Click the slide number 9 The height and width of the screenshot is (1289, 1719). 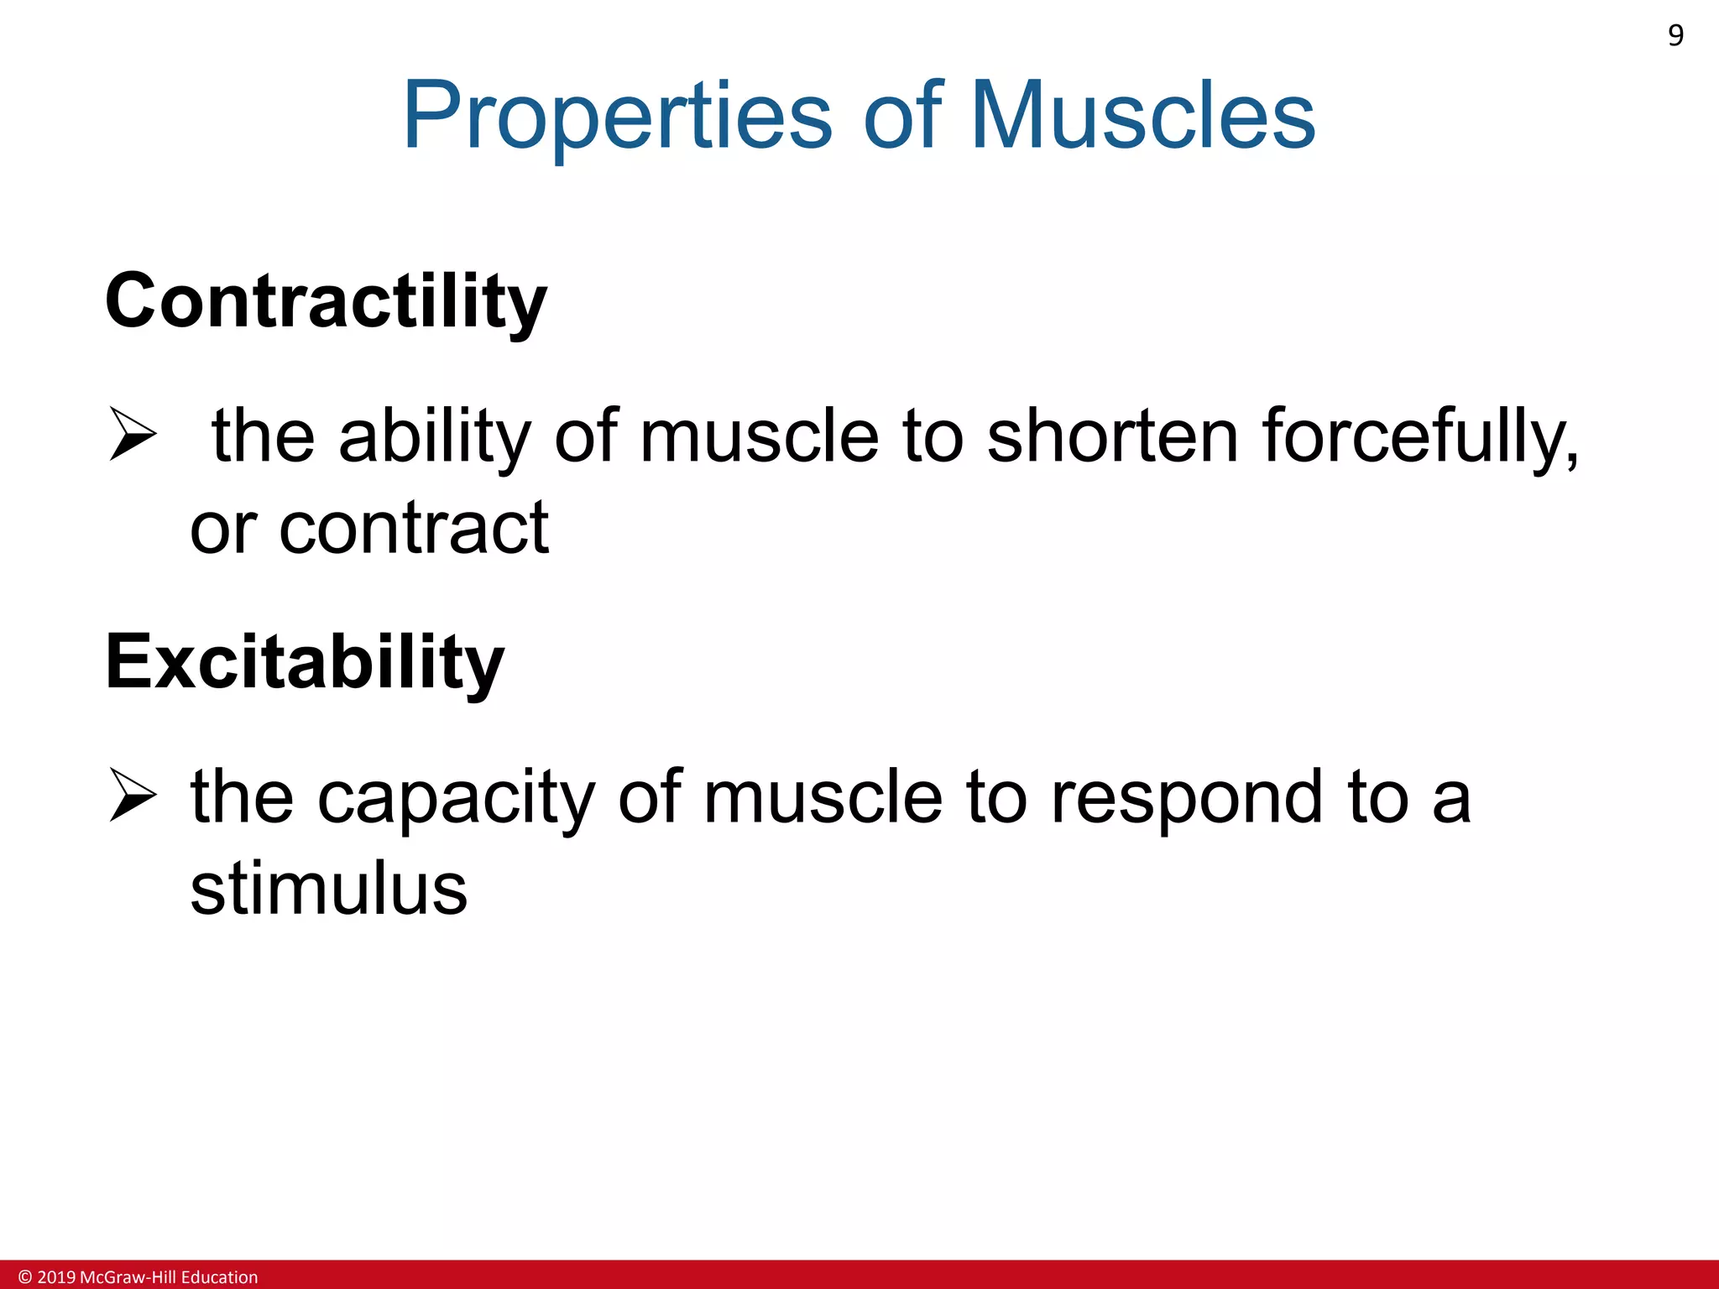point(1675,35)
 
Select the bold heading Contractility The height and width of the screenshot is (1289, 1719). point(326,302)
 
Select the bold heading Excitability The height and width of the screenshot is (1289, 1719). point(305,663)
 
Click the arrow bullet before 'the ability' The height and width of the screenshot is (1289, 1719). point(133,434)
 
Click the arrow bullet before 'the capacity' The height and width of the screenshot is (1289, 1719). point(133,795)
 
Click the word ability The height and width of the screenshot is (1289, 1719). point(434,436)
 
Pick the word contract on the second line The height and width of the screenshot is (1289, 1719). point(414,529)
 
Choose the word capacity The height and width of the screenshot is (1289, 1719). point(456,797)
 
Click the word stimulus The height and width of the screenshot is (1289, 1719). point(328,890)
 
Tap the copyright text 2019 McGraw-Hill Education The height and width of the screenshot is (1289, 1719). point(148,1277)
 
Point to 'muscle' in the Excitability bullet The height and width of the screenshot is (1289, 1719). point(823,797)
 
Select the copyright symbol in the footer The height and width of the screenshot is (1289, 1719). point(25,1277)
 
